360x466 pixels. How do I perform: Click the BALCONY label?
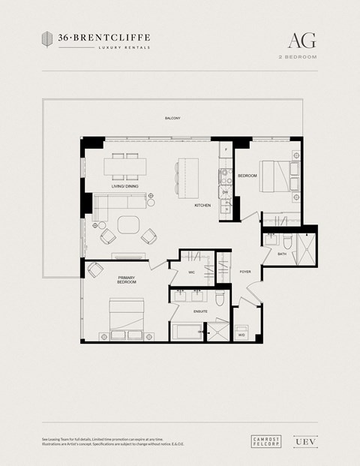(x=173, y=119)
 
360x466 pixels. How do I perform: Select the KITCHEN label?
(x=202, y=205)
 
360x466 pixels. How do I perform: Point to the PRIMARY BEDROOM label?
(x=127, y=280)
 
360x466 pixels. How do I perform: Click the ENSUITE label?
(x=200, y=310)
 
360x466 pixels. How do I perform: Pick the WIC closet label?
(x=191, y=272)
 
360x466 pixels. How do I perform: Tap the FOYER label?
(x=245, y=272)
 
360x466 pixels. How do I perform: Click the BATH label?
(x=281, y=254)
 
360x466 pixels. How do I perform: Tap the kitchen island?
(x=185, y=174)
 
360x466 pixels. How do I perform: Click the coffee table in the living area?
(x=128, y=224)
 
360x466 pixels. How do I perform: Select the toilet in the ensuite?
(x=219, y=300)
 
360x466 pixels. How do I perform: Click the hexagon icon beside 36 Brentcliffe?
(x=46, y=39)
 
